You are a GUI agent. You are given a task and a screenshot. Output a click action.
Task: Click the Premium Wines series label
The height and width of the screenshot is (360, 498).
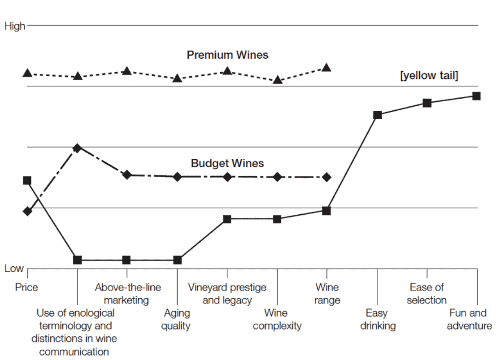[227, 55]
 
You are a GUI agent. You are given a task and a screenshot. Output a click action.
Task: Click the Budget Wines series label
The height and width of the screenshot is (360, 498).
[227, 163]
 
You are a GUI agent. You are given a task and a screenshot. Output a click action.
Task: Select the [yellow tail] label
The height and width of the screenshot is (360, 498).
[429, 76]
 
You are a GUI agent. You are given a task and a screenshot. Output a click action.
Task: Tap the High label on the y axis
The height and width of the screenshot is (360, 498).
[14, 26]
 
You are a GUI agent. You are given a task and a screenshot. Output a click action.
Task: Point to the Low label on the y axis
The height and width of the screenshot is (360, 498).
[14, 269]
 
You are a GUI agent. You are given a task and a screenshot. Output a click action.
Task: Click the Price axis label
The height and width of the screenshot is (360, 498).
[27, 288]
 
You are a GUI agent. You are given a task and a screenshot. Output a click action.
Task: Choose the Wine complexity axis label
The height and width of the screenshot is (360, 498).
[277, 319]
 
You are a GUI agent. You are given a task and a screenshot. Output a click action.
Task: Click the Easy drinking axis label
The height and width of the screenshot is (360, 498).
[378, 319]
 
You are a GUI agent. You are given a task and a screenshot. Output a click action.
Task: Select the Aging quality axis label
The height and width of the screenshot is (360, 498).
[177, 319]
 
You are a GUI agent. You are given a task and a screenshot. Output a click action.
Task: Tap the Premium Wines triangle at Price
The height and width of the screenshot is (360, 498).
[27, 73]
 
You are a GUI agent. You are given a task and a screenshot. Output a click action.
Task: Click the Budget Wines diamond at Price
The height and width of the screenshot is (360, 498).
[27, 211]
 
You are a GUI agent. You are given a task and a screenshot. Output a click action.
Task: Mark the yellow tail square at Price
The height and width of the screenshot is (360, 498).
[27, 180]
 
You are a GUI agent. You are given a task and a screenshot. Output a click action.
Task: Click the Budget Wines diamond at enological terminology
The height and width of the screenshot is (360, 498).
[77, 148]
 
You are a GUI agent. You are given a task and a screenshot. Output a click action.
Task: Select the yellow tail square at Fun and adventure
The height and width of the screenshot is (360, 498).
[477, 96]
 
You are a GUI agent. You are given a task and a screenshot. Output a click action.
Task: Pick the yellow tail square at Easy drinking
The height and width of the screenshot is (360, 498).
[378, 115]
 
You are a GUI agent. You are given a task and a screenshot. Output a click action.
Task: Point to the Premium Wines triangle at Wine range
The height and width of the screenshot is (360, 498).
[327, 68]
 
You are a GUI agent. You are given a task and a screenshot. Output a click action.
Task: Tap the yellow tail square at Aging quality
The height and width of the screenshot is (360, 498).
[178, 260]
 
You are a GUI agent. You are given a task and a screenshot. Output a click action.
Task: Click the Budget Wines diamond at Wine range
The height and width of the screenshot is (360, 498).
[327, 177]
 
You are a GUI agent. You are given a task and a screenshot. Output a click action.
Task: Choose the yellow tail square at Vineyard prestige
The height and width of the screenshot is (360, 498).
[227, 219]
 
